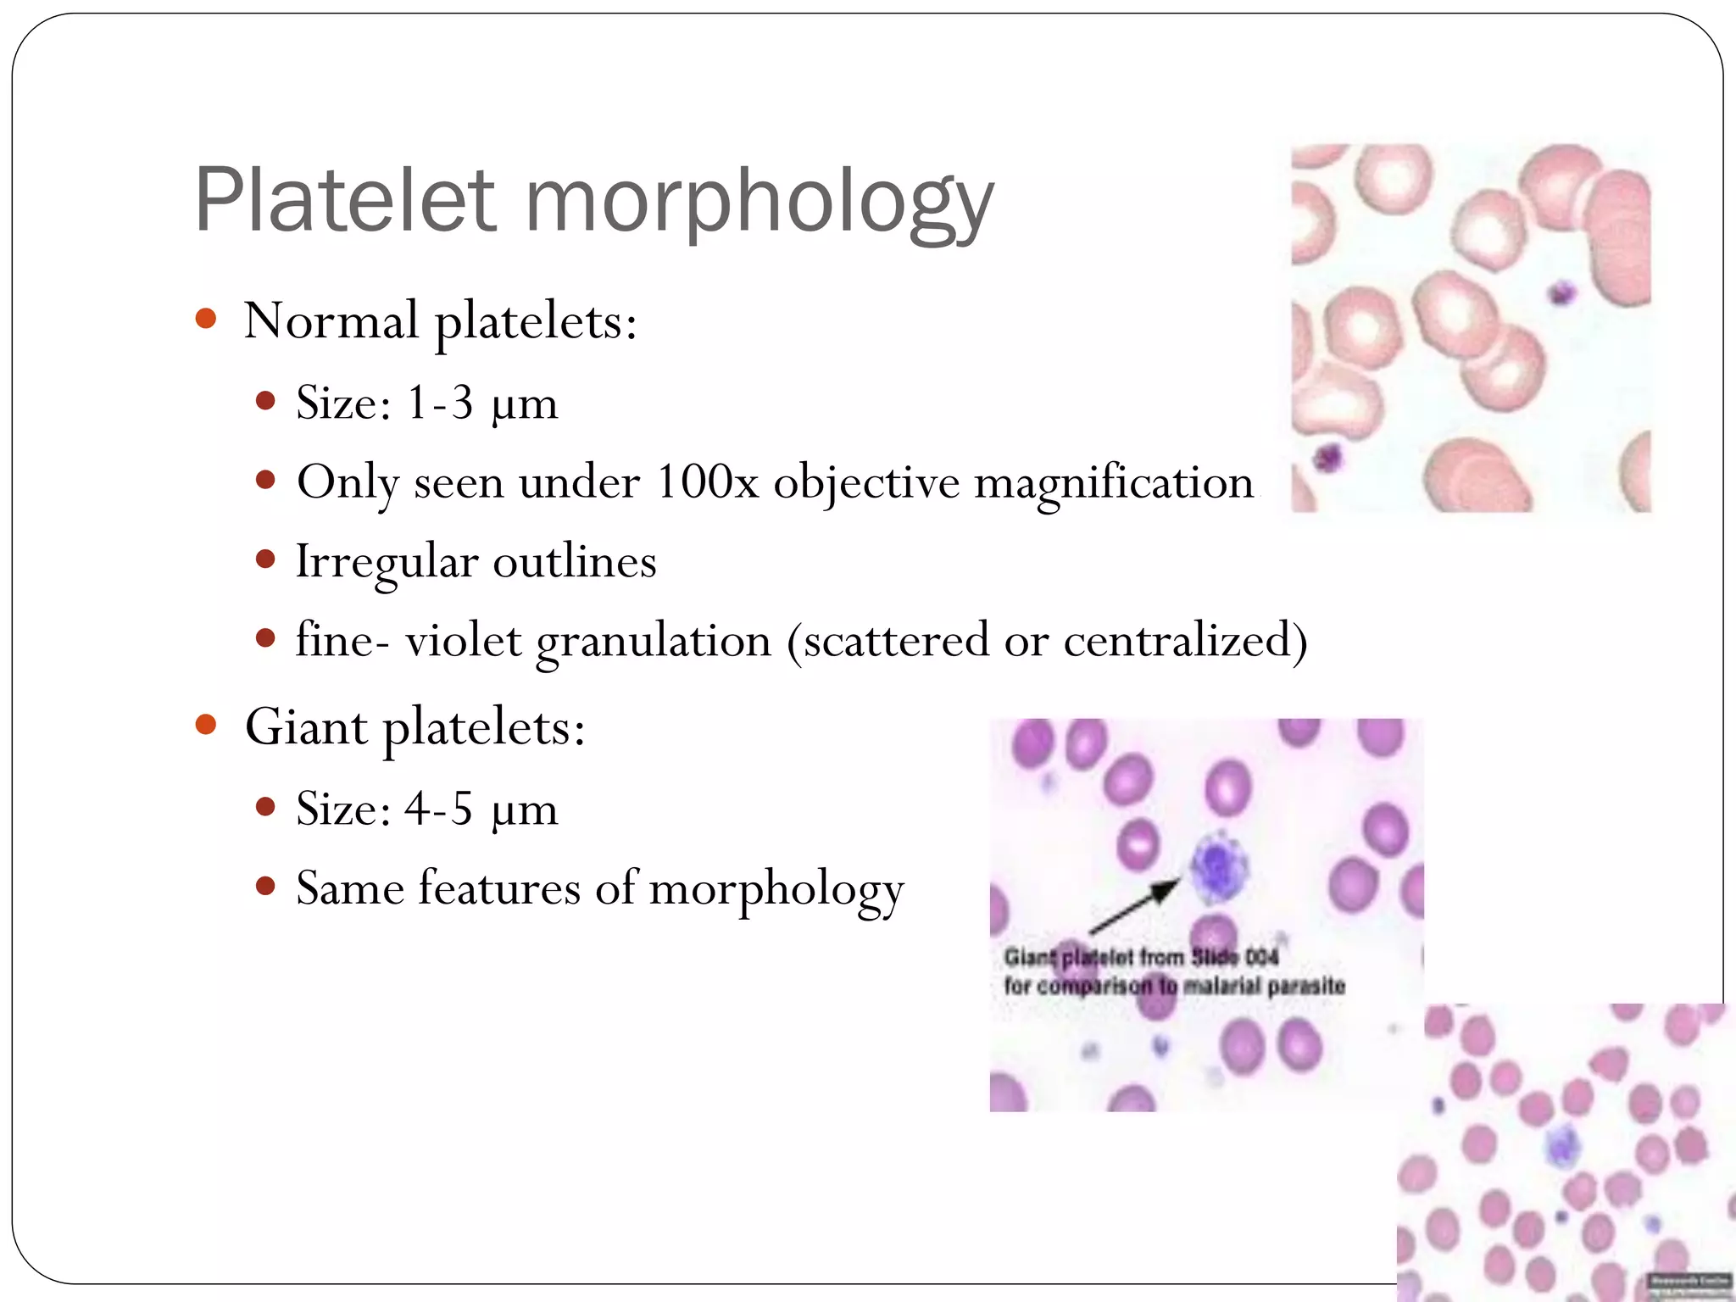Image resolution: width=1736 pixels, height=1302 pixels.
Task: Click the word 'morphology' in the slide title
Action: point(759,203)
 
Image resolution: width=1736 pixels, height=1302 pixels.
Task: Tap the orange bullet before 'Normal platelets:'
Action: point(205,319)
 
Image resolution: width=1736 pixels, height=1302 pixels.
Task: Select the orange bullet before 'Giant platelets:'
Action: point(205,725)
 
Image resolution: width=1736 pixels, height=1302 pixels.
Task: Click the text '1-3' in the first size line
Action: point(439,402)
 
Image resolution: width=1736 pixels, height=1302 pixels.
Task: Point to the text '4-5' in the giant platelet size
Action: point(437,808)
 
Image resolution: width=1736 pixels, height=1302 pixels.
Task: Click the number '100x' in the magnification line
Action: point(707,481)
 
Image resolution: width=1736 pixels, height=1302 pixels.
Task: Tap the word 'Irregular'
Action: point(386,561)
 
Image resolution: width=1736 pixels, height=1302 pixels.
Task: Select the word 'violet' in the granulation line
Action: point(463,640)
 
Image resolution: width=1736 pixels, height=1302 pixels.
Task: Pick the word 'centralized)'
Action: point(1185,640)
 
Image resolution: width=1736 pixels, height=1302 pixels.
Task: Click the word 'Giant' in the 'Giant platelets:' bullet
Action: point(306,726)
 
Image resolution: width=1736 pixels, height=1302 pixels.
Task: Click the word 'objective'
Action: point(866,483)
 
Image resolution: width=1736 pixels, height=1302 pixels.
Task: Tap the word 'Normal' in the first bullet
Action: point(331,320)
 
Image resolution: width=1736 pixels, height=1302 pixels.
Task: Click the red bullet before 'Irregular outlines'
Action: point(265,559)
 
